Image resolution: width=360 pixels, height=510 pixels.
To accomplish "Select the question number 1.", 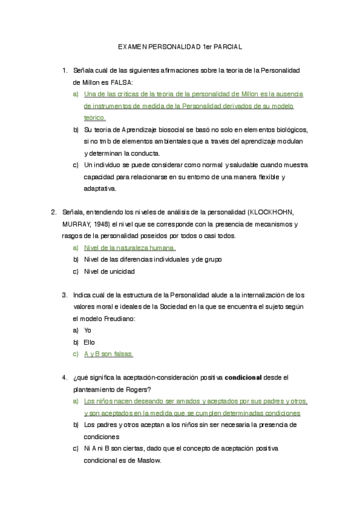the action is [x=64, y=71].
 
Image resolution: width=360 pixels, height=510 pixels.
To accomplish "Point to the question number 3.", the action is [x=64, y=295].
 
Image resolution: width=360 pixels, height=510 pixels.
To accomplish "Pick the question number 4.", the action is [x=64, y=378].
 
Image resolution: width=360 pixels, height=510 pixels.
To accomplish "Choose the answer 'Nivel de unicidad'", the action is [x=109, y=271].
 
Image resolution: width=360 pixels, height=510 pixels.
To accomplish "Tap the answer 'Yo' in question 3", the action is [x=88, y=330].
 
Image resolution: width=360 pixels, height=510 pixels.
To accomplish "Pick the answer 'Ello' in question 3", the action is [x=90, y=342].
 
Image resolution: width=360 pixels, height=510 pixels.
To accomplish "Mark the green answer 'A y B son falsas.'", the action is [x=109, y=354].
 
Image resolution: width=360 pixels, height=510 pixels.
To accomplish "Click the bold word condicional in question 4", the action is [x=243, y=378].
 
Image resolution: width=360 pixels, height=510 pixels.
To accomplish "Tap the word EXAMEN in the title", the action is [x=131, y=46].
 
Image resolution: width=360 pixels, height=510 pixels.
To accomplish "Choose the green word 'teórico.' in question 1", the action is [x=95, y=118].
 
